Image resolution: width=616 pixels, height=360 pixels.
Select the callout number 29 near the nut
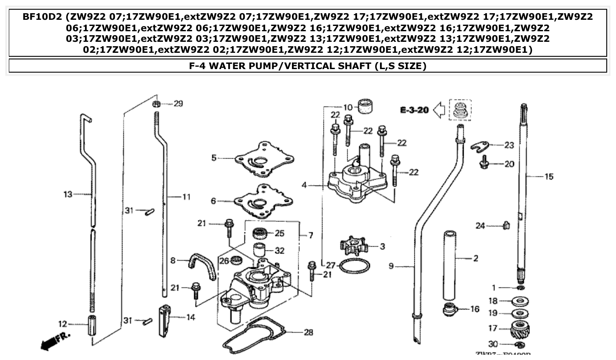coord(178,104)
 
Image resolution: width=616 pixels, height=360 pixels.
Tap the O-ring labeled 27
coord(355,265)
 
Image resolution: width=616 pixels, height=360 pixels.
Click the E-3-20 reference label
coord(414,110)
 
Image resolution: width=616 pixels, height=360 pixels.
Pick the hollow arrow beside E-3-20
coord(439,110)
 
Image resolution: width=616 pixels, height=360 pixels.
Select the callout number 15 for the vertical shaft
coord(549,176)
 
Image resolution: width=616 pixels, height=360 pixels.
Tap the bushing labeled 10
coord(367,107)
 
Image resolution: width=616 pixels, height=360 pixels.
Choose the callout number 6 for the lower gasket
coord(214,201)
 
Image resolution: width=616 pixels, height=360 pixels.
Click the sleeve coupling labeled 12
coord(93,325)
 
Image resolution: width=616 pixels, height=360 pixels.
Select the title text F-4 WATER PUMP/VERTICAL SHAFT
coord(307,66)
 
